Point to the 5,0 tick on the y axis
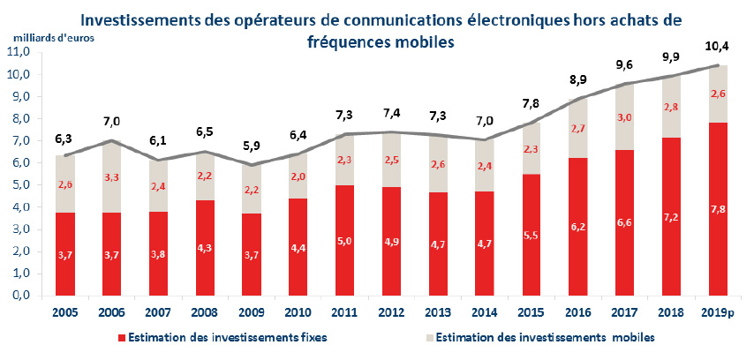pyautogui.click(x=20, y=185)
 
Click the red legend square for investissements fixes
pyautogui.click(x=122, y=338)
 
